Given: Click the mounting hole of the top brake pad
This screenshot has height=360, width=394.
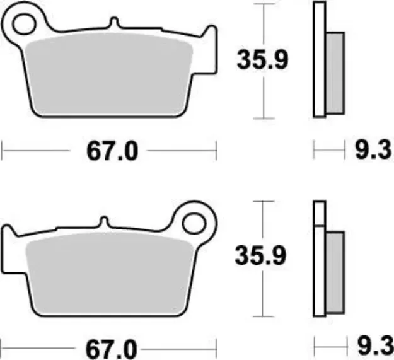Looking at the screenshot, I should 25,23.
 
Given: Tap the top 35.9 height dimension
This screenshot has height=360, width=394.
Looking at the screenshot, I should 263,61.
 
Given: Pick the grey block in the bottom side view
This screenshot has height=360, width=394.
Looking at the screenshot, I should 335,272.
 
